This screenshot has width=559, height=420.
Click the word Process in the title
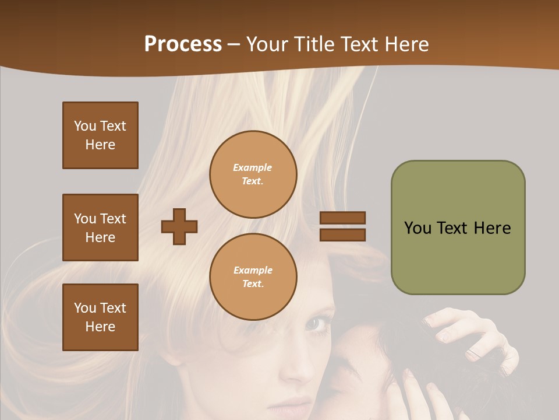[183, 44]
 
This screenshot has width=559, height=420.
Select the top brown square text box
[100, 135]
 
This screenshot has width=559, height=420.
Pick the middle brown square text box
[100, 228]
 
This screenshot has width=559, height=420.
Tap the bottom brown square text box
[100, 317]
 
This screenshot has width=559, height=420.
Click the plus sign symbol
[179, 226]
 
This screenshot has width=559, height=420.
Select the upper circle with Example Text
[253, 174]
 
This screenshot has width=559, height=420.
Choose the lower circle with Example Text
[253, 277]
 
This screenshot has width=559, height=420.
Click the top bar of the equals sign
[342, 218]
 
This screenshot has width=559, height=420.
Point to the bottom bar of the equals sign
[342, 235]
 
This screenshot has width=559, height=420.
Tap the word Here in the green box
[492, 228]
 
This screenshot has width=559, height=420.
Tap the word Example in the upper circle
[253, 167]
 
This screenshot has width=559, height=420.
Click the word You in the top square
[85, 126]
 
